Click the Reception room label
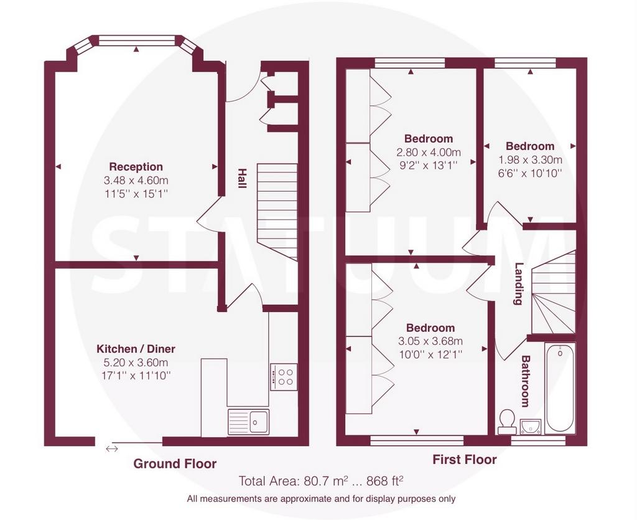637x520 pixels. pos(136,167)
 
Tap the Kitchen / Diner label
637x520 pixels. pos(136,349)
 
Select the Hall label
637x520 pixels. pos(242,178)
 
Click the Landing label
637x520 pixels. pos(518,284)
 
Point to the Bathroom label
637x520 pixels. pos(526,381)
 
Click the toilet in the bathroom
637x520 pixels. pos(506,422)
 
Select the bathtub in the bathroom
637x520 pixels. pos(560,388)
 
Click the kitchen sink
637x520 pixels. pos(248,422)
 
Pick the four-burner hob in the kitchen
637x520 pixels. pos(284,377)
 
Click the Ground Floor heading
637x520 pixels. pos(175,463)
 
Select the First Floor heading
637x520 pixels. pos(464,460)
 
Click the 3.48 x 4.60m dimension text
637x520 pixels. pos(136,180)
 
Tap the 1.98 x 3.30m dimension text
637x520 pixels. pos(530,159)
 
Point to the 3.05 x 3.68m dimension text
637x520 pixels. pos(430,341)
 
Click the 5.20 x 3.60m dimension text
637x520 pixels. pos(136,362)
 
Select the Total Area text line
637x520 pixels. pos(321,481)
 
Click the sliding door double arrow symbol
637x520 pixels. pos(112,449)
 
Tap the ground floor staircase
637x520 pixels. pos(277,212)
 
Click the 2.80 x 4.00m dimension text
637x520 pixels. pos(429,153)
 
